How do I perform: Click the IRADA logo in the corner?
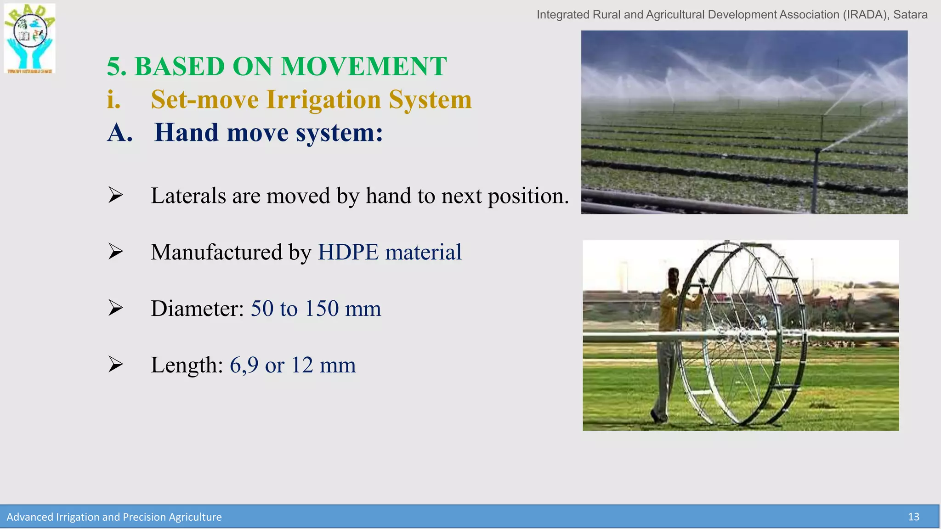[x=30, y=39]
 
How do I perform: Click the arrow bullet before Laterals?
[x=115, y=195]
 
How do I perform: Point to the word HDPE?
[x=348, y=252]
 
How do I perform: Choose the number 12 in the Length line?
[x=302, y=366]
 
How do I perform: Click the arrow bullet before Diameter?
[x=115, y=308]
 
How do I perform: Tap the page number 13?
[x=913, y=517]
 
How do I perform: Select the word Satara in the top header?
[x=910, y=15]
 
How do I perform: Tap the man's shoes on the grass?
[x=658, y=417]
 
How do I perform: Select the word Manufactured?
[x=216, y=252]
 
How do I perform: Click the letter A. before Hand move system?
[x=120, y=133]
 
